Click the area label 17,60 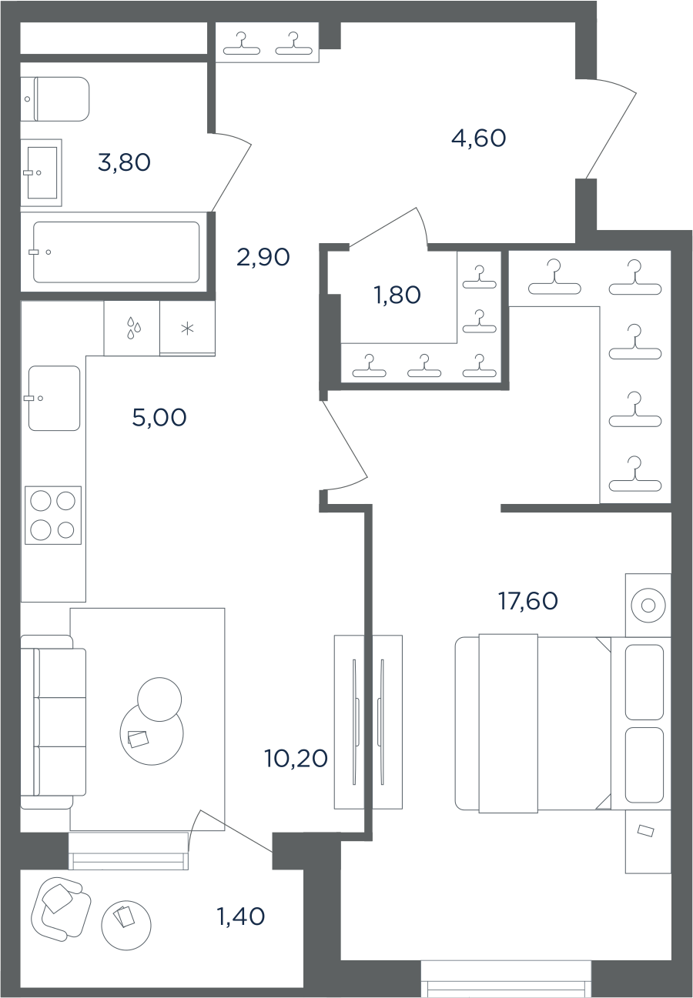click(527, 601)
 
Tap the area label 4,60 click(478, 138)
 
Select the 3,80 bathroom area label click(124, 162)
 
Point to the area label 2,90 click(263, 257)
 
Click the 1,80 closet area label click(397, 295)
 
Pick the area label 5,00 click(159, 418)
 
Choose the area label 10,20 click(296, 758)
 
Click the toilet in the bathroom click(55, 99)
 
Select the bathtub click(116, 252)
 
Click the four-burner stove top click(53, 515)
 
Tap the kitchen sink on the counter click(54, 399)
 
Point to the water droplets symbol click(134, 328)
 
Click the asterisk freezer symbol click(187, 329)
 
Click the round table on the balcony click(126, 926)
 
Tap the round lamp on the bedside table click(648, 606)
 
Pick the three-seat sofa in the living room click(53, 723)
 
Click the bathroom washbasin click(42, 172)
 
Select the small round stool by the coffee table click(159, 699)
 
